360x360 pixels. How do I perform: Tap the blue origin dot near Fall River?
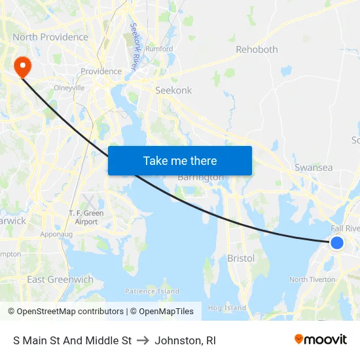[x=336, y=243]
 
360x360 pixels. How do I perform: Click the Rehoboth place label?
[x=257, y=50]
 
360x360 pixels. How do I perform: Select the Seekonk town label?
[x=173, y=90]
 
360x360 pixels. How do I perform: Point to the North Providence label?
[x=50, y=37]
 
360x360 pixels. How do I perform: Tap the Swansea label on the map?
[x=314, y=168]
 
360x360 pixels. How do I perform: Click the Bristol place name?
[x=241, y=259]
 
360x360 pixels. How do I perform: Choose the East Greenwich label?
[x=60, y=279]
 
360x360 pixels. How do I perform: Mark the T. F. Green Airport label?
[x=86, y=217]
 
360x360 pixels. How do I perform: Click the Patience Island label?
[x=152, y=291]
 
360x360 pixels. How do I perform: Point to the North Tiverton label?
[x=312, y=279]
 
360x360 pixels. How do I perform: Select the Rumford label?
[x=160, y=49]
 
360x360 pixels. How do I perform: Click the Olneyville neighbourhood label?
[x=69, y=87]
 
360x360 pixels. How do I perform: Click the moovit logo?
[x=321, y=340]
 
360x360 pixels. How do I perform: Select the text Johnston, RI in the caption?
[x=185, y=340]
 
